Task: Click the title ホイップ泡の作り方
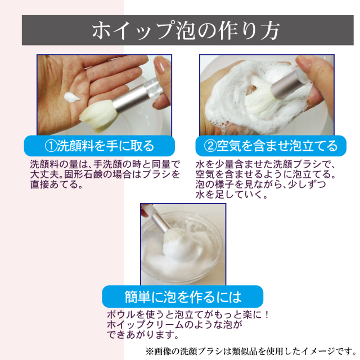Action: tap(180, 30)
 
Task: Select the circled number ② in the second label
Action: tap(209, 146)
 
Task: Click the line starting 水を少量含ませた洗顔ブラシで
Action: tap(265, 164)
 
